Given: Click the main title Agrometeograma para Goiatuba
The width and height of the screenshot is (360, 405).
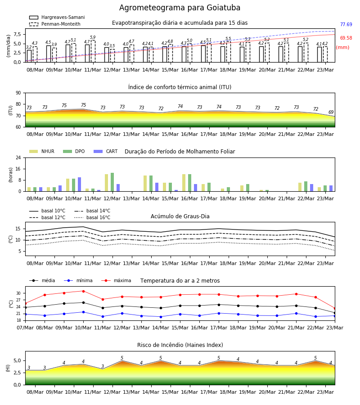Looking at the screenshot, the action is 180,8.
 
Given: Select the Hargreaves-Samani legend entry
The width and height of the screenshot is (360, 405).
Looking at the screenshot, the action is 57,17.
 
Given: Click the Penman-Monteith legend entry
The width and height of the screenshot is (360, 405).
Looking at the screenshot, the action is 55,24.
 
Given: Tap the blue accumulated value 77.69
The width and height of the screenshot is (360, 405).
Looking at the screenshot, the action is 346,25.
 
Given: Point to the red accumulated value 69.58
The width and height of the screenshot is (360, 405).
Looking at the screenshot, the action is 346,38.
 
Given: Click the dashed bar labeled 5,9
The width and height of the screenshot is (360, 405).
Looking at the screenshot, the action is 93,51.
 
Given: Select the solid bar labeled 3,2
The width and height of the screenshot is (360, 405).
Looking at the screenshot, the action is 29,56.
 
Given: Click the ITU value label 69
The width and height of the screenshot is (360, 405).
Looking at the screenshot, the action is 331,112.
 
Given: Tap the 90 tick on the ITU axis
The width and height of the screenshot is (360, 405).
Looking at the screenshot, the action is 18,93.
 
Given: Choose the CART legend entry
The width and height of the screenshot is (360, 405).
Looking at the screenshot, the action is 105,151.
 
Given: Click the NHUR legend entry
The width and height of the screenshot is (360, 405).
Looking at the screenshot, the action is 41,151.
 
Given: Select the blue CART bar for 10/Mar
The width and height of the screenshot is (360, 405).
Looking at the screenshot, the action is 79,184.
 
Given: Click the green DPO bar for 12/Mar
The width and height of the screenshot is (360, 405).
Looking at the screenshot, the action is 112,182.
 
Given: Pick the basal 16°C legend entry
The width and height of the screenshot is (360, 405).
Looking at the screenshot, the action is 92,217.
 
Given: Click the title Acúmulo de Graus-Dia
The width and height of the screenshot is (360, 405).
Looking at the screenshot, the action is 180,216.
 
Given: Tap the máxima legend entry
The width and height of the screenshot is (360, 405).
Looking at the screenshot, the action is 116,280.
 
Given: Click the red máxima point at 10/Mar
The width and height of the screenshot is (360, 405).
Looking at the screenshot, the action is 83,291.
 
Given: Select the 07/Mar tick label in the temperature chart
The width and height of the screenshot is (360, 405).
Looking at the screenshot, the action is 25,328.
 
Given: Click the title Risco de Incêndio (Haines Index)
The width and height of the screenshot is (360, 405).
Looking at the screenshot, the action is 180,345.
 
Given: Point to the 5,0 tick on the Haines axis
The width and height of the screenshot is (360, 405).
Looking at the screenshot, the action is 18,360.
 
